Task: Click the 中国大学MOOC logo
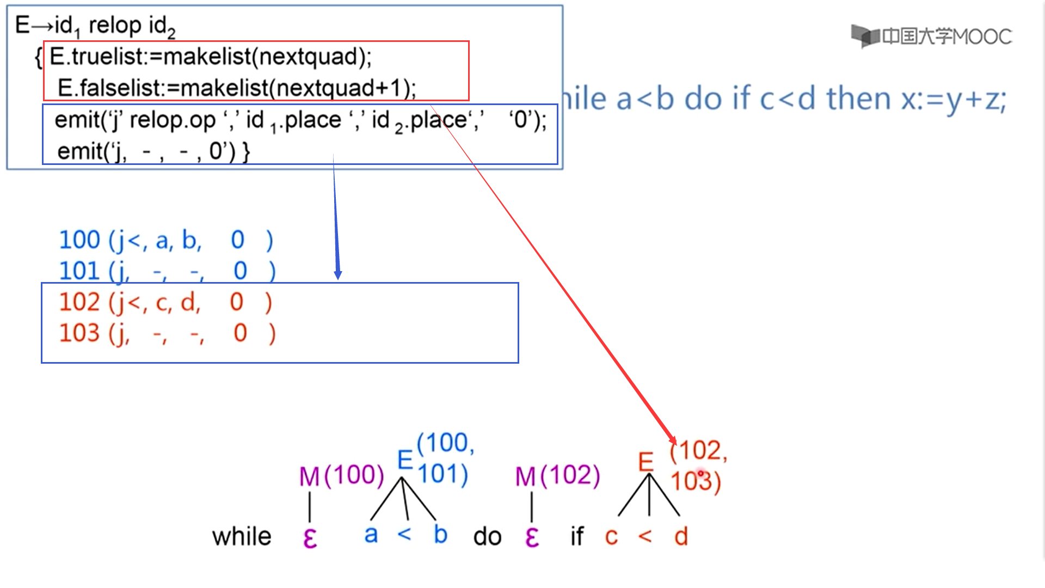(x=931, y=36)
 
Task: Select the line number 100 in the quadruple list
(x=79, y=240)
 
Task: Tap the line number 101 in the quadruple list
(x=79, y=271)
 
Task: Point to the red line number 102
(x=79, y=302)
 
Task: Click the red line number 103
(x=79, y=333)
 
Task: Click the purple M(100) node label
(x=342, y=476)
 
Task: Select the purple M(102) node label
(x=557, y=476)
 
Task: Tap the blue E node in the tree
(x=405, y=460)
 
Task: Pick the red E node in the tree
(x=646, y=462)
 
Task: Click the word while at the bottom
(x=242, y=537)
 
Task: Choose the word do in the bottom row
(x=487, y=537)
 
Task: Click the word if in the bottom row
(x=577, y=537)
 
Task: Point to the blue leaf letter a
(x=371, y=535)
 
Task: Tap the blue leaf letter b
(x=440, y=535)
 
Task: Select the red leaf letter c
(x=611, y=537)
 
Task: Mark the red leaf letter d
(x=681, y=537)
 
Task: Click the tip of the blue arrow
(x=338, y=278)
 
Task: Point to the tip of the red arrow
(x=675, y=443)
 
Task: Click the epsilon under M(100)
(x=310, y=538)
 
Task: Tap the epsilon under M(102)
(x=532, y=538)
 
